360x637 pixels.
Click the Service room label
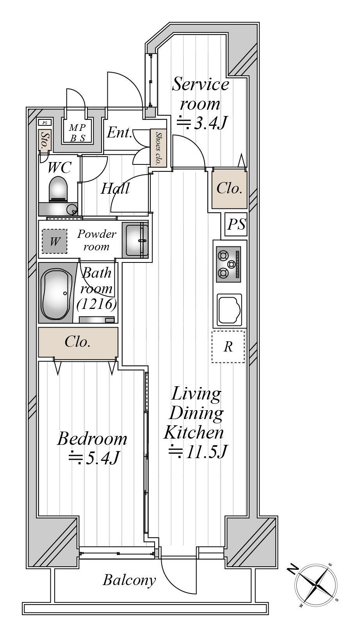[200, 94]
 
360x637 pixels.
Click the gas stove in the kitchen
[228, 264]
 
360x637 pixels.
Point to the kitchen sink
[229, 310]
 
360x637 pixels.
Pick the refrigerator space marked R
[228, 346]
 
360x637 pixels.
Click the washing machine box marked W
[55, 241]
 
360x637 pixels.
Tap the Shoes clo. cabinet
[158, 148]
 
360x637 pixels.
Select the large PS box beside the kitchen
[236, 224]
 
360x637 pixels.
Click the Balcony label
[129, 580]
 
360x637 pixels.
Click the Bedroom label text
[92, 439]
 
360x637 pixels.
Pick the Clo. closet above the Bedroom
[78, 342]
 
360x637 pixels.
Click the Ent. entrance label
[119, 132]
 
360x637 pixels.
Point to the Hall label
[115, 188]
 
